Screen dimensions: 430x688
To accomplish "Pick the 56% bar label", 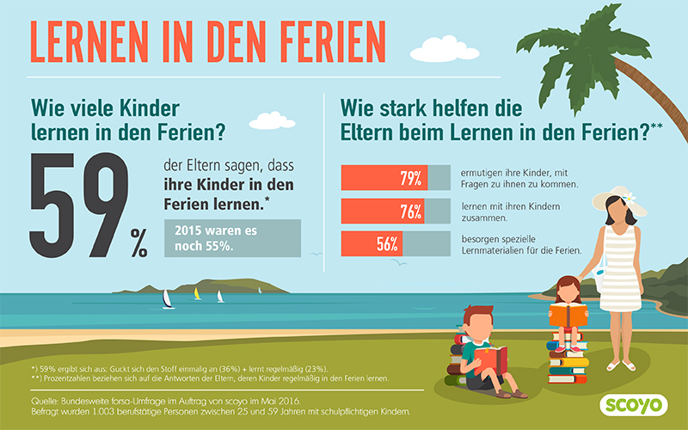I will (387, 243).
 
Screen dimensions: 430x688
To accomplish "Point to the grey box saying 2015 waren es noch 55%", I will (232, 237).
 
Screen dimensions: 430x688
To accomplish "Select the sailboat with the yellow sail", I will (198, 294).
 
